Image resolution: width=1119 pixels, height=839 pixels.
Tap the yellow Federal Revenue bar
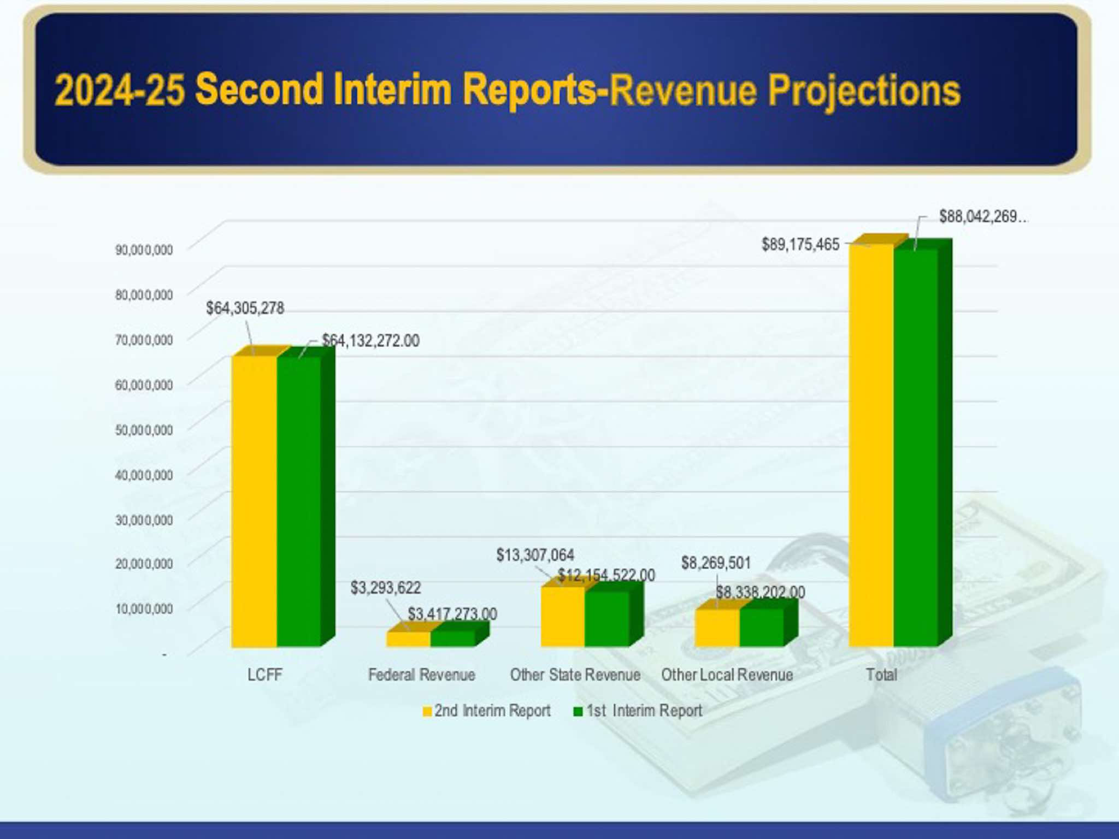(x=408, y=639)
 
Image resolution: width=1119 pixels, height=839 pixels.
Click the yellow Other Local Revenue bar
(x=717, y=628)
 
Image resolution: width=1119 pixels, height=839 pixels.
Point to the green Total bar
(x=916, y=448)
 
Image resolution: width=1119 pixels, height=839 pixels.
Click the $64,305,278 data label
(x=245, y=308)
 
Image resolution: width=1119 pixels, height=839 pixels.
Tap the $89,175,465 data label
(x=800, y=244)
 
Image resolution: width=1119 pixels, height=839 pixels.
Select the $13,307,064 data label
(x=535, y=556)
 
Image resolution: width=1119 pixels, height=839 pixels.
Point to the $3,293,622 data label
(x=386, y=588)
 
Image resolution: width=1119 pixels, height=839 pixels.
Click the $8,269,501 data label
(x=716, y=563)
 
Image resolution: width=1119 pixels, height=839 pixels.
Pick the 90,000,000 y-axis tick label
(x=144, y=250)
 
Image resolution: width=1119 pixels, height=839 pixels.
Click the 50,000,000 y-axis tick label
(x=144, y=430)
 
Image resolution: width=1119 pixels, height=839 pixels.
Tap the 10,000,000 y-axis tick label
(x=144, y=609)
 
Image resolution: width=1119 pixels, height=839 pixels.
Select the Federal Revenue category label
(x=421, y=675)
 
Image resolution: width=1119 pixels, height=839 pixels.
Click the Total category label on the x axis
(x=881, y=675)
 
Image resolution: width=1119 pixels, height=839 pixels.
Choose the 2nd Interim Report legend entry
(x=486, y=711)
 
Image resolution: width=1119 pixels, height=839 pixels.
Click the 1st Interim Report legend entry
(x=638, y=711)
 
